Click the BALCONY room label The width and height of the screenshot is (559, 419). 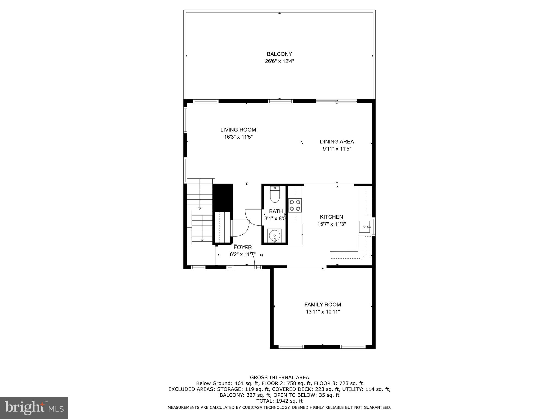[x=279, y=54]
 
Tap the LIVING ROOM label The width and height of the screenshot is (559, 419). [x=238, y=130]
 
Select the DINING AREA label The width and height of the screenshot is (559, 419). [x=337, y=142]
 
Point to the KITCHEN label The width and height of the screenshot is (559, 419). [x=331, y=217]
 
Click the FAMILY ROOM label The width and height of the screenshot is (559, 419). [x=323, y=304]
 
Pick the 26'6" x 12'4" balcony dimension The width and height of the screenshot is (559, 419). [x=279, y=61]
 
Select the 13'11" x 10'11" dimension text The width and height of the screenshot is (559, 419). [x=323, y=312]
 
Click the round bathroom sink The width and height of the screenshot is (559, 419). [x=274, y=235]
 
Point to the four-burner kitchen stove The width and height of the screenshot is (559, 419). [x=295, y=205]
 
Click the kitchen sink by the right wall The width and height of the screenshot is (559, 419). [x=364, y=227]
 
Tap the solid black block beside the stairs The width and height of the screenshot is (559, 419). [x=222, y=197]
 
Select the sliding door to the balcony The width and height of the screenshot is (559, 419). [x=336, y=101]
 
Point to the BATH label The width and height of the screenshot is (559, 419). [x=276, y=211]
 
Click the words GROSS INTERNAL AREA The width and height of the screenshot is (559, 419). [x=279, y=378]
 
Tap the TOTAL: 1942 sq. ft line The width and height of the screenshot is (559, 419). [x=279, y=401]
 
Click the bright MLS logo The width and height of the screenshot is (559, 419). [x=34, y=408]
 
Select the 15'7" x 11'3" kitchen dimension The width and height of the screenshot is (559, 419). [x=331, y=224]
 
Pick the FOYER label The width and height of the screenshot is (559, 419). [x=243, y=247]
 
